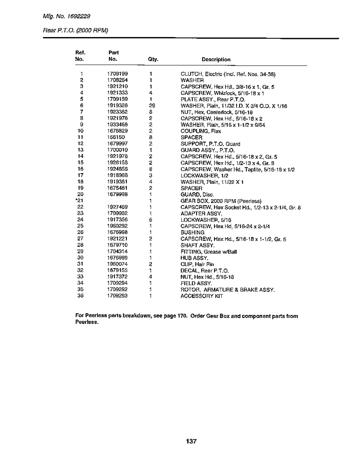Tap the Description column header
(216, 60)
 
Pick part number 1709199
(115, 74)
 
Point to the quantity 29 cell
(151, 106)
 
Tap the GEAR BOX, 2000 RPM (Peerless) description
(221, 201)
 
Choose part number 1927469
(115, 207)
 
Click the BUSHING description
(192, 232)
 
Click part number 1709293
(115, 296)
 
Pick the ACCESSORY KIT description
(202, 296)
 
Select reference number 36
(81, 296)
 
